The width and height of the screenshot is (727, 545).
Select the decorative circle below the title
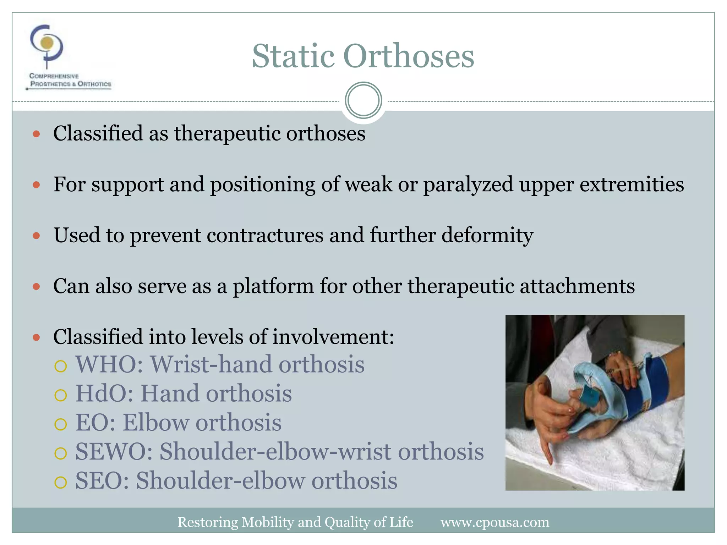(363, 100)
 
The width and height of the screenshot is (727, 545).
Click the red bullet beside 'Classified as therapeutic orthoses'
(36, 134)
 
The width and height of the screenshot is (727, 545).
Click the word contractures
(265, 235)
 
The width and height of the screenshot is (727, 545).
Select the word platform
(273, 287)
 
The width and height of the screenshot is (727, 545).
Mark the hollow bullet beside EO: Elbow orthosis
(61, 424)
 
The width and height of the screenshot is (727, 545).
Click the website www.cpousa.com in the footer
(495, 522)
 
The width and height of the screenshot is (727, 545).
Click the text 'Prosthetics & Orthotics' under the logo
(71, 84)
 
